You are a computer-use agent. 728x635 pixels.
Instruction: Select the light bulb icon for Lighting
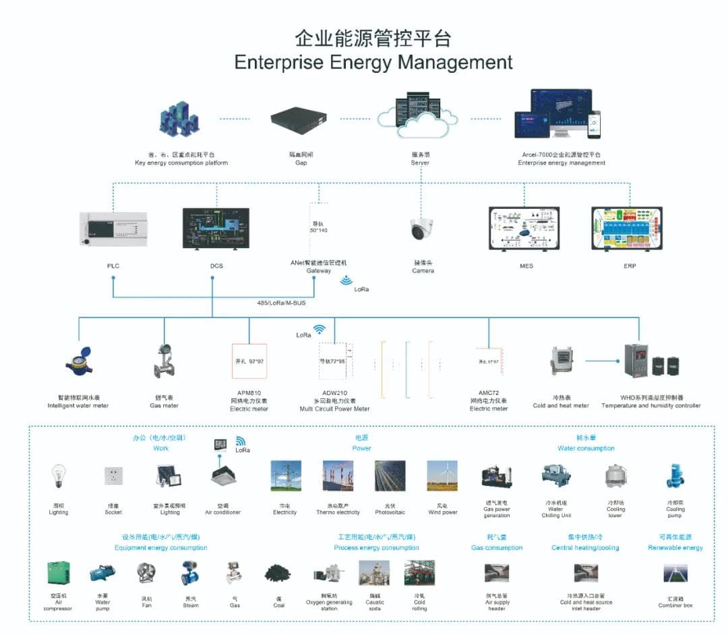[x=59, y=476]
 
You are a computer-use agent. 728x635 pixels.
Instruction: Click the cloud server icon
[x=420, y=115]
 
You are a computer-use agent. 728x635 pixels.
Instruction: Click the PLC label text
[x=113, y=266]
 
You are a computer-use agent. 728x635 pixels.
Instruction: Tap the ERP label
[x=629, y=266]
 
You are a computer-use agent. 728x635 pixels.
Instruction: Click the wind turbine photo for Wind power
[x=442, y=475]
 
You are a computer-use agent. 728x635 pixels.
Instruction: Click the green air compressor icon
[x=58, y=573]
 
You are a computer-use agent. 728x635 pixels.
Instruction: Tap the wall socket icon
[x=113, y=476]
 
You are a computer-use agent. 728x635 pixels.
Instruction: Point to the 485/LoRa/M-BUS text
[x=281, y=303]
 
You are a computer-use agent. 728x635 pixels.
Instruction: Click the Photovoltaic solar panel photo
[x=390, y=475]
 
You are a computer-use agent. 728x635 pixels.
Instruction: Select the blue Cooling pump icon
[x=675, y=476]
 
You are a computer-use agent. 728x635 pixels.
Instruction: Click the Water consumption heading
[x=586, y=448]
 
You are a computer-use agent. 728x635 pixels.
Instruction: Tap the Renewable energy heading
[x=675, y=548]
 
